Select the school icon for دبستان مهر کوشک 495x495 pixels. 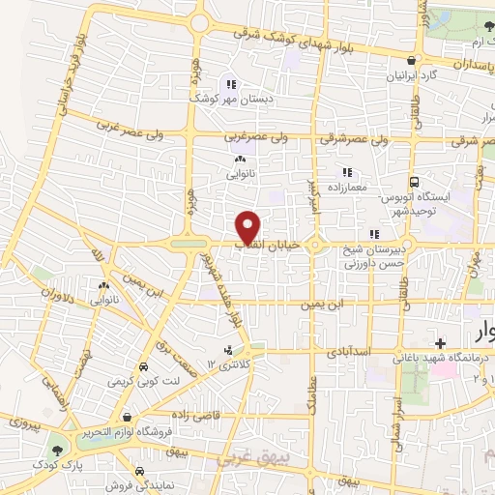pyautogui.click(x=231, y=83)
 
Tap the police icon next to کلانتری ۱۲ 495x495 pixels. pyautogui.click(x=228, y=350)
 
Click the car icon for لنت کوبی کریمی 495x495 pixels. pyautogui.click(x=143, y=368)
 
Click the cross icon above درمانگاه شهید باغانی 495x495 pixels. pyautogui.click(x=441, y=343)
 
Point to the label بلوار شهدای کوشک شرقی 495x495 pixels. pyautogui.click(x=302, y=38)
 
